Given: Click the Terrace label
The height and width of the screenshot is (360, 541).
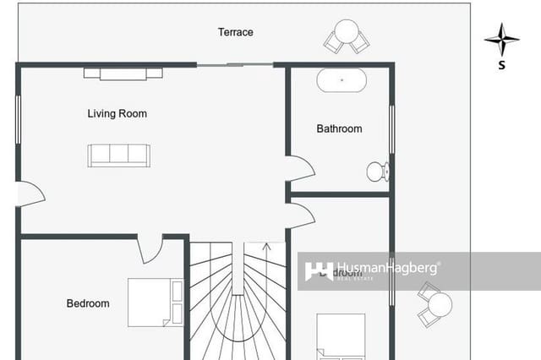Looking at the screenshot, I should tap(236, 32).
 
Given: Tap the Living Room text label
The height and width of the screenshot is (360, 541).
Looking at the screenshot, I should tap(117, 113).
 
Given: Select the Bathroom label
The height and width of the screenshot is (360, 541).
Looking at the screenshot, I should tap(339, 128).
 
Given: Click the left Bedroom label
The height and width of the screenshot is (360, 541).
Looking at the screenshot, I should tap(88, 303).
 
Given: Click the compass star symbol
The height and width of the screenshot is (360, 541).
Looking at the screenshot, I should tap(501, 39).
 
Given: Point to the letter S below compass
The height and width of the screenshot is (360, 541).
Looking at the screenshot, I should tap(501, 65).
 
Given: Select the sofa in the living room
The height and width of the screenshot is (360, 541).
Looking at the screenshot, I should tap(119, 155).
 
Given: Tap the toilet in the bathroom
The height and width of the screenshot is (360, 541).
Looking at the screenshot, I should tap(377, 172).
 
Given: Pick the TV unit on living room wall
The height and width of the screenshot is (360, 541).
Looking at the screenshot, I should tap(123, 74).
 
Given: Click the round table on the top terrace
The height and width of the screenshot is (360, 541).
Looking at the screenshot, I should tap(347, 35).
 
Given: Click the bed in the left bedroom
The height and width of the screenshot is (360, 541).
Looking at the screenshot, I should tap(156, 302).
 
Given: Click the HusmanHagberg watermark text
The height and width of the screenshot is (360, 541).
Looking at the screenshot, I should tap(388, 268).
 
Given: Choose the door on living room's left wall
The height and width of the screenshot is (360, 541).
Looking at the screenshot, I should tap(30, 194).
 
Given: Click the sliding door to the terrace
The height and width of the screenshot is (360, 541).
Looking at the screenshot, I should tap(234, 65).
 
